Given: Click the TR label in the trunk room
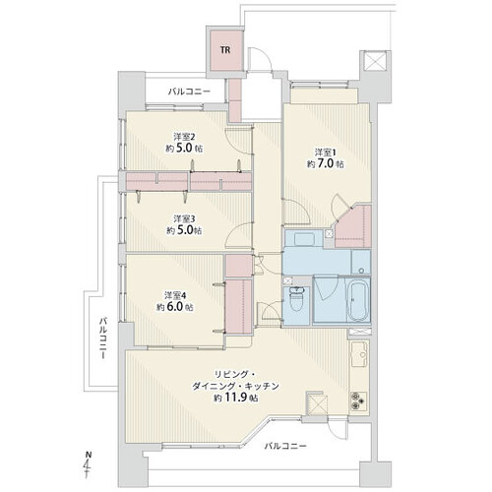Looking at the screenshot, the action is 225,50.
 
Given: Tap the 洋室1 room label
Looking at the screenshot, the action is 326,153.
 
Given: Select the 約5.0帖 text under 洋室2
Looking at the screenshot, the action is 184,149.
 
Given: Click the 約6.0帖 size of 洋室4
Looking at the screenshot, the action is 174,307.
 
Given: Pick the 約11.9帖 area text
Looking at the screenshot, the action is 236,399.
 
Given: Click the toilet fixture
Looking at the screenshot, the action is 297,299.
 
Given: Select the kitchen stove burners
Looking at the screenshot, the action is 358,400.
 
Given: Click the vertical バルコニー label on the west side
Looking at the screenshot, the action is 103,338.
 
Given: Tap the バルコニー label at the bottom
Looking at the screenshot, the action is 285,446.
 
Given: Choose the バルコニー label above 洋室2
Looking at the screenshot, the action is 189,92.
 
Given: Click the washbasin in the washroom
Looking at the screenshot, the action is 304,238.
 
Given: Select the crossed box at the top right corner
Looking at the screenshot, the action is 375,61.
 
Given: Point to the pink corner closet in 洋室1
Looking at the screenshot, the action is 353,226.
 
